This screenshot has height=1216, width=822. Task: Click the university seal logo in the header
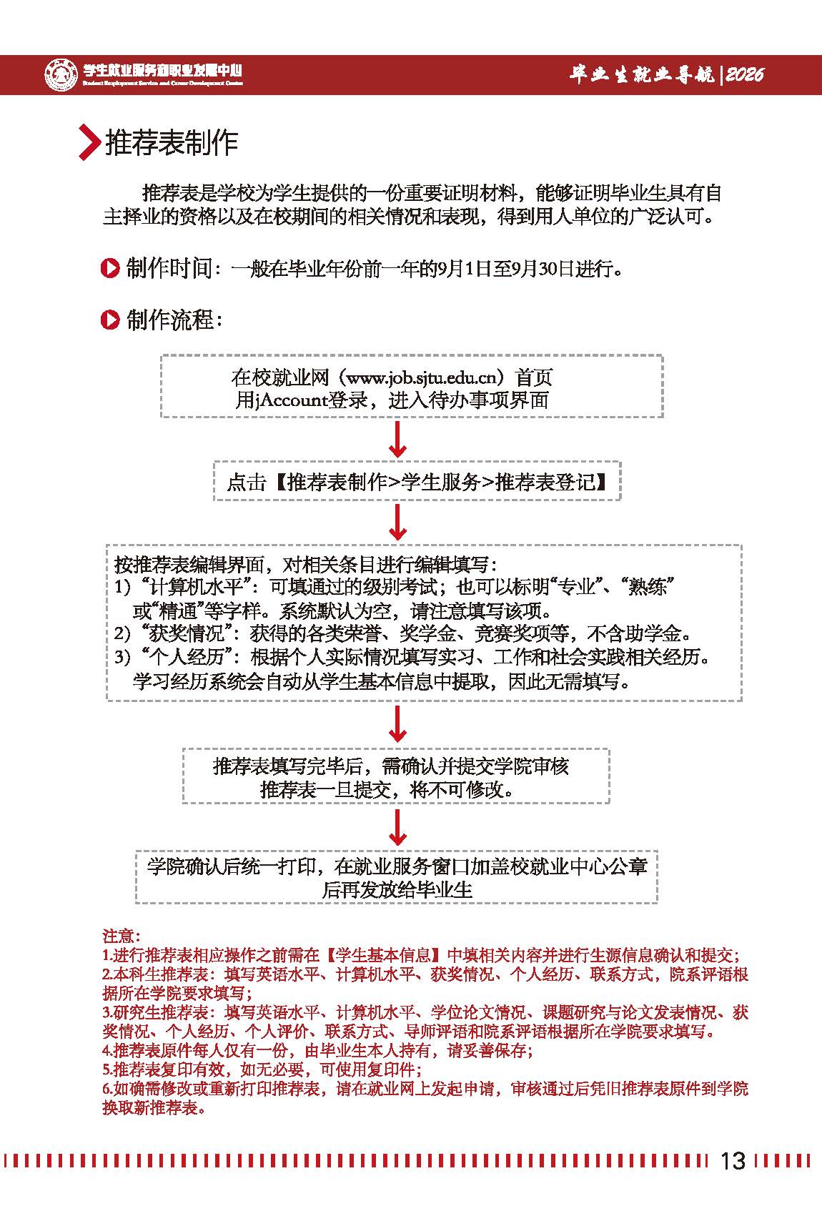(x=61, y=74)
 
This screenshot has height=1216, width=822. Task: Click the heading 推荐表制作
(x=172, y=142)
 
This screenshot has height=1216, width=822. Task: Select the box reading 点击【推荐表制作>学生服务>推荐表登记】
(x=417, y=482)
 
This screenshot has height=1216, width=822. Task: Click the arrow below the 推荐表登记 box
(x=397, y=523)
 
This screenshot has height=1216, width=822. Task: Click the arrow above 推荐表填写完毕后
(x=397, y=725)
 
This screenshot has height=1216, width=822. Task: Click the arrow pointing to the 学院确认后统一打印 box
(x=397, y=828)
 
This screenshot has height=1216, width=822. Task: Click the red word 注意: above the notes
(x=122, y=936)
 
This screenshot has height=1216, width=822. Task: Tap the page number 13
(x=733, y=1160)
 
